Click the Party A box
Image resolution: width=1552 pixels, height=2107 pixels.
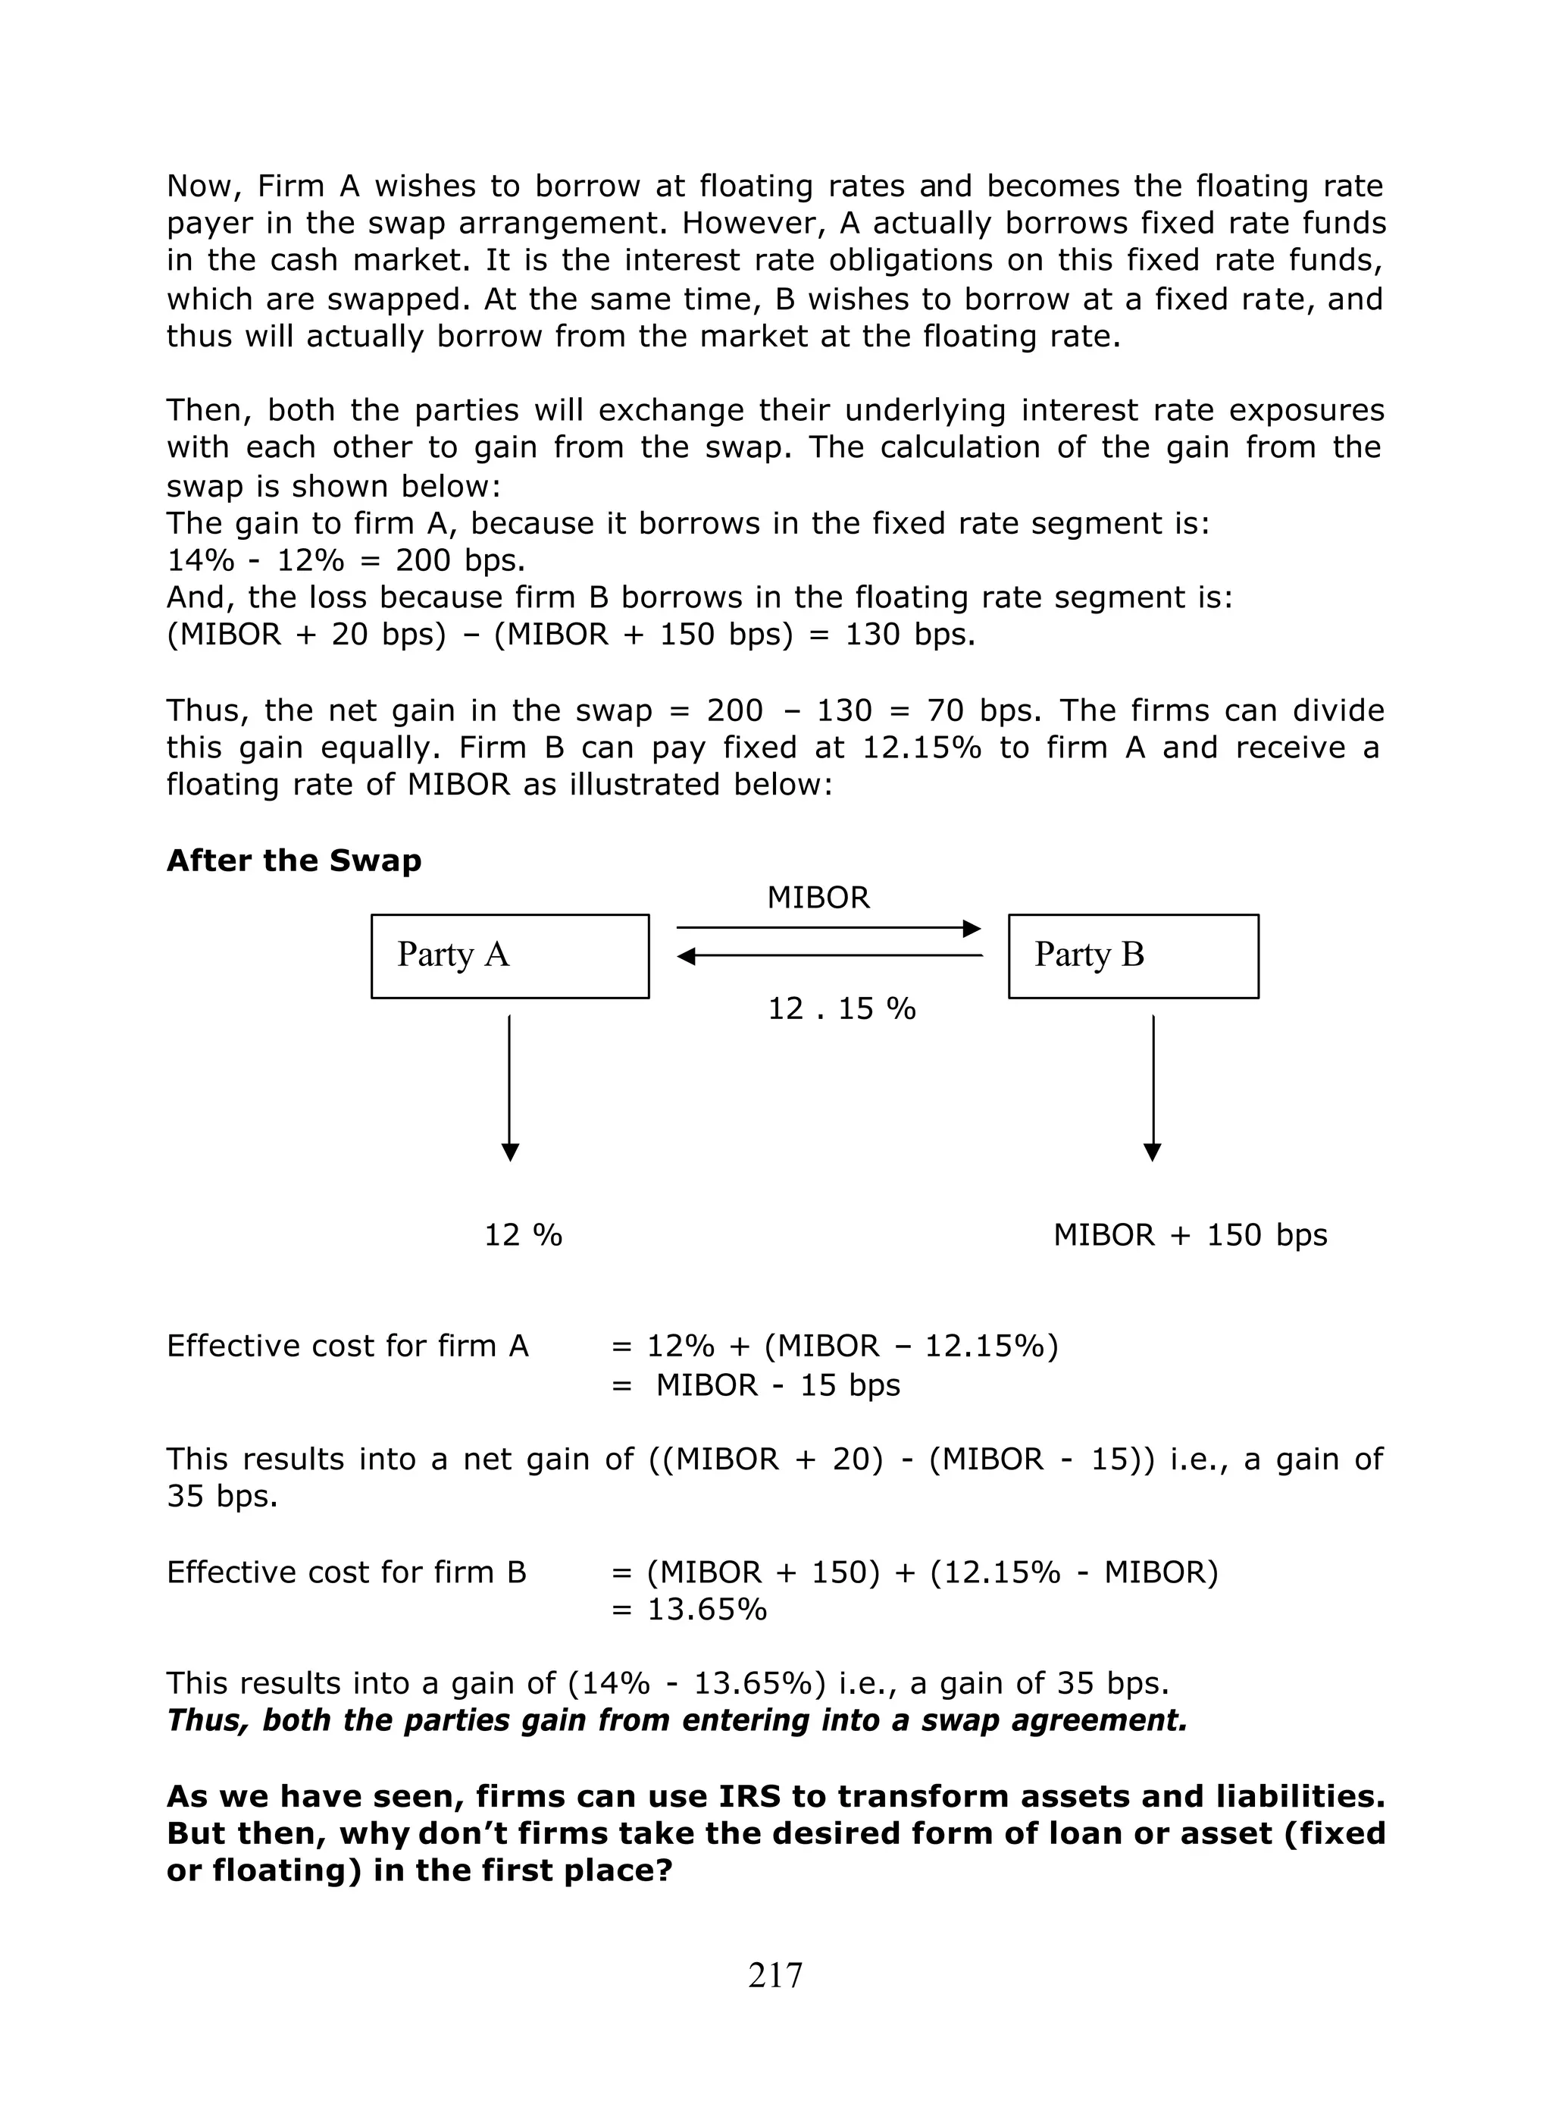point(509,956)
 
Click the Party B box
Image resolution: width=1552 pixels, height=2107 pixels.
point(1132,956)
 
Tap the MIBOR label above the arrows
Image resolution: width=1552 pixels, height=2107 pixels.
point(818,898)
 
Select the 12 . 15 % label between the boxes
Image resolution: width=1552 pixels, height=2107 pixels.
point(841,1008)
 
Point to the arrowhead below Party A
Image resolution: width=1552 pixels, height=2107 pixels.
point(509,1152)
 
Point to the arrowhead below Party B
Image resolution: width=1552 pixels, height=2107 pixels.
point(1152,1152)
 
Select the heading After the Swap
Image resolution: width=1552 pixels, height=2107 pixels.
point(293,860)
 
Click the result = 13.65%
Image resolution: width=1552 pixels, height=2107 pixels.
point(689,1609)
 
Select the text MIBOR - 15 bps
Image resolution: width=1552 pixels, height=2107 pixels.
point(777,1385)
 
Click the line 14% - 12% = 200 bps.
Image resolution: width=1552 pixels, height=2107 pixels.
point(346,560)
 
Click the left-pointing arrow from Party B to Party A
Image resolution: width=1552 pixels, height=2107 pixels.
point(828,956)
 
